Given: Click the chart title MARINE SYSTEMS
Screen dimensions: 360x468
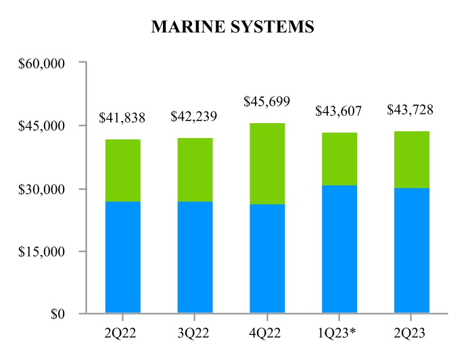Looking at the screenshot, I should point(233,26).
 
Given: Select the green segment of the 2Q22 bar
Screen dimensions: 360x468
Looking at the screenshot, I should point(122,171).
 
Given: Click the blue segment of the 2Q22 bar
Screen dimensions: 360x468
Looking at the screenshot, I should point(122,257).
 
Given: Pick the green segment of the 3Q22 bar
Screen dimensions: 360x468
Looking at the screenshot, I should point(195,170).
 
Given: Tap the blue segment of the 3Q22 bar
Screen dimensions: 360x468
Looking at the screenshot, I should point(195,257).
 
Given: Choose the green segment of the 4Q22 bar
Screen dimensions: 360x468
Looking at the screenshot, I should point(266,164).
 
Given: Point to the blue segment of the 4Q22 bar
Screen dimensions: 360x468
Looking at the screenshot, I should point(266,258).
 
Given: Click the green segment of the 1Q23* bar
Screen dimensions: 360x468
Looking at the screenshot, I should point(339,159).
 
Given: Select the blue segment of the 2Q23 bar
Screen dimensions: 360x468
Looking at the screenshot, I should point(411,250).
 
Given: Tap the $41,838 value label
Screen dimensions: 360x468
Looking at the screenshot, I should point(122,118).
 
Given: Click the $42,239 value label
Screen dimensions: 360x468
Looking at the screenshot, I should point(195,116).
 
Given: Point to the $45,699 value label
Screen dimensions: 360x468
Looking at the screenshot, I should point(266,102).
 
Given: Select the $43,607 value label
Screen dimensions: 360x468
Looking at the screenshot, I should point(339,111).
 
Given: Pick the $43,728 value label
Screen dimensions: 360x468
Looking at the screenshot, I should point(411,110).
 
